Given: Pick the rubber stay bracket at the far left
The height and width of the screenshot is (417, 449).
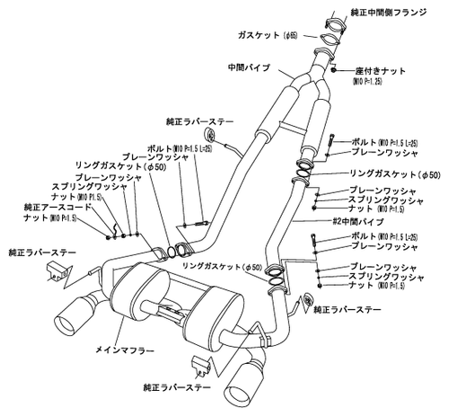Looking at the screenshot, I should tap(54, 273).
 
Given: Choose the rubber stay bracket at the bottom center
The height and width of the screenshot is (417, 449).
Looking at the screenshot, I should tap(202, 365).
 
